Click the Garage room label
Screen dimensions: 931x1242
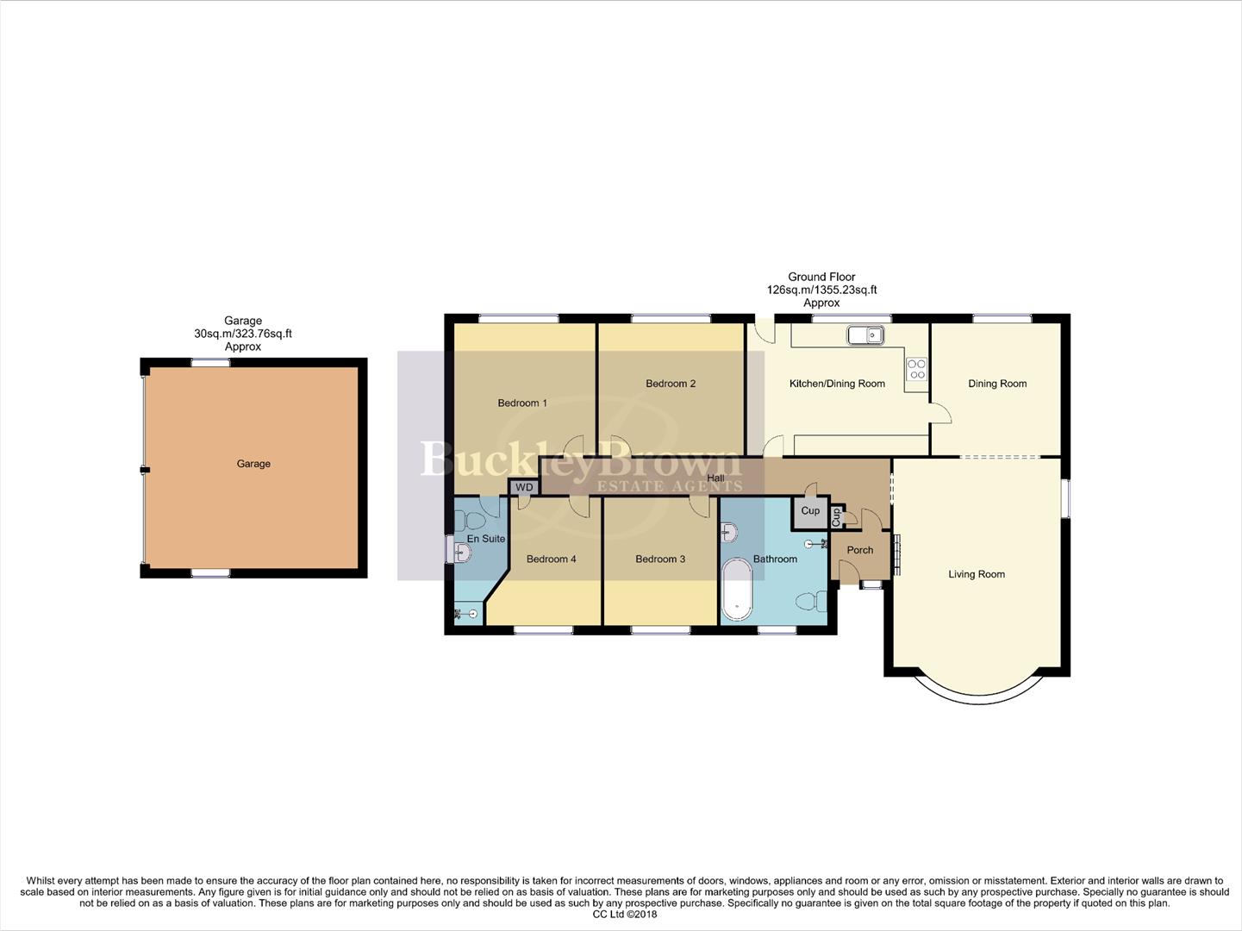tap(253, 464)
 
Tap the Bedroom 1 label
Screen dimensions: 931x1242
tap(521, 403)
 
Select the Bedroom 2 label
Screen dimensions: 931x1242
tap(670, 384)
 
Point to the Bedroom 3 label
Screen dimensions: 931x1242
tap(659, 559)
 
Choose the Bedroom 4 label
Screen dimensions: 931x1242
tap(551, 559)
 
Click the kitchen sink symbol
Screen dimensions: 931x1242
tap(864, 334)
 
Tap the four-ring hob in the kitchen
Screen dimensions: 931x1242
tap(916, 369)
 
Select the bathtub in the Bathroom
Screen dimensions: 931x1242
tap(736, 590)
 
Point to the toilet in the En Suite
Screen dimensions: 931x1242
tap(471, 521)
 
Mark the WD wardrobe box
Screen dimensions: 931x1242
tap(524, 488)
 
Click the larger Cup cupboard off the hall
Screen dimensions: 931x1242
tap(810, 511)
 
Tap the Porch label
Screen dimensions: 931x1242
tap(859, 550)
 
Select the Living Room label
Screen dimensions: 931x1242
tap(976, 574)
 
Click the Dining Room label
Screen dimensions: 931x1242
tap(996, 384)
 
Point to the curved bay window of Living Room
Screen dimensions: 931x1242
tap(977, 692)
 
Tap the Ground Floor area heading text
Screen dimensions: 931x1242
tap(821, 278)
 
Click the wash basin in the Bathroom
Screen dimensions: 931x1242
tap(729, 532)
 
